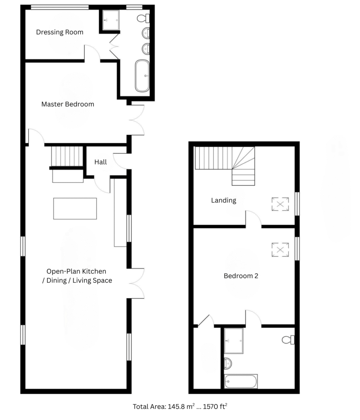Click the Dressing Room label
[59, 32]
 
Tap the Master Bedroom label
[68, 104]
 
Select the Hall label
[100, 162]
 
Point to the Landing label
[223, 200]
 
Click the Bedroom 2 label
[241, 276]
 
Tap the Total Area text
[180, 406]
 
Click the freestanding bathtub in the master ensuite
[142, 76]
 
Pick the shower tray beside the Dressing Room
[111, 20]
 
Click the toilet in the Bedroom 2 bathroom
[288, 340]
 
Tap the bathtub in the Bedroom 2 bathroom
[241, 381]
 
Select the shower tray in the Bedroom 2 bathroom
[234, 341]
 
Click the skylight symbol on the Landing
[280, 204]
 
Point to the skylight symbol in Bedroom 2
[280, 250]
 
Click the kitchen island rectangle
[75, 209]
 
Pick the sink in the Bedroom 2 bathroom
[228, 363]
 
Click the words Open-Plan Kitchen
[76, 272]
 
